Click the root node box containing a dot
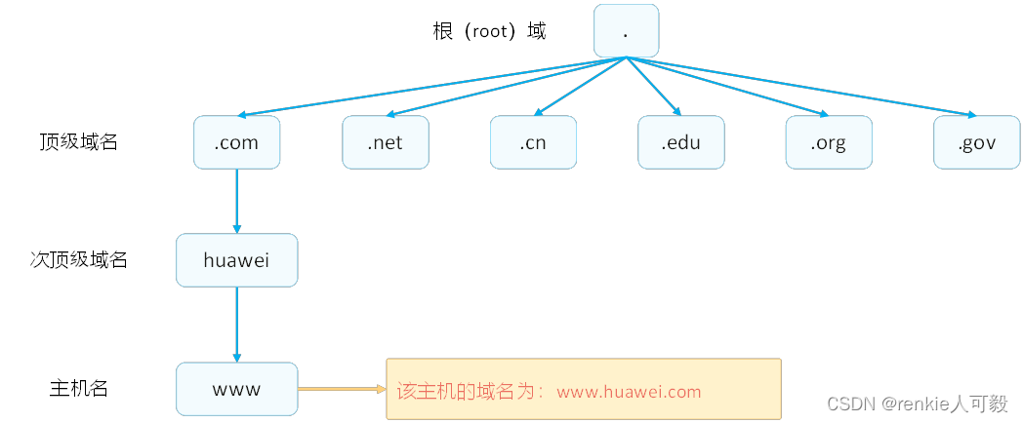pyautogui.click(x=626, y=30)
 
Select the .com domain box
pyautogui.click(x=236, y=142)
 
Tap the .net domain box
pyautogui.click(x=385, y=142)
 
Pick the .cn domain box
pyautogui.click(x=533, y=142)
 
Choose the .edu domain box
pyautogui.click(x=681, y=142)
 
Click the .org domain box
pyautogui.click(x=829, y=142)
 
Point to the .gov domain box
pyautogui.click(x=976, y=142)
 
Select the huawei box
pyautogui.click(x=236, y=260)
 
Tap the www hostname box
pyautogui.click(x=236, y=389)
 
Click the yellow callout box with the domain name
pyautogui.click(x=584, y=389)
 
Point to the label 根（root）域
pyautogui.click(x=489, y=31)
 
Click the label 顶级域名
pyautogui.click(x=78, y=142)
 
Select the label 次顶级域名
pyautogui.click(x=78, y=260)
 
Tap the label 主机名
pyautogui.click(x=78, y=389)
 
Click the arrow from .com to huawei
pyautogui.click(x=236, y=201)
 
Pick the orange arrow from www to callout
pyautogui.click(x=342, y=389)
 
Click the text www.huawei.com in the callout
pyautogui.click(x=629, y=392)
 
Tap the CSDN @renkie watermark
pyautogui.click(x=917, y=404)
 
